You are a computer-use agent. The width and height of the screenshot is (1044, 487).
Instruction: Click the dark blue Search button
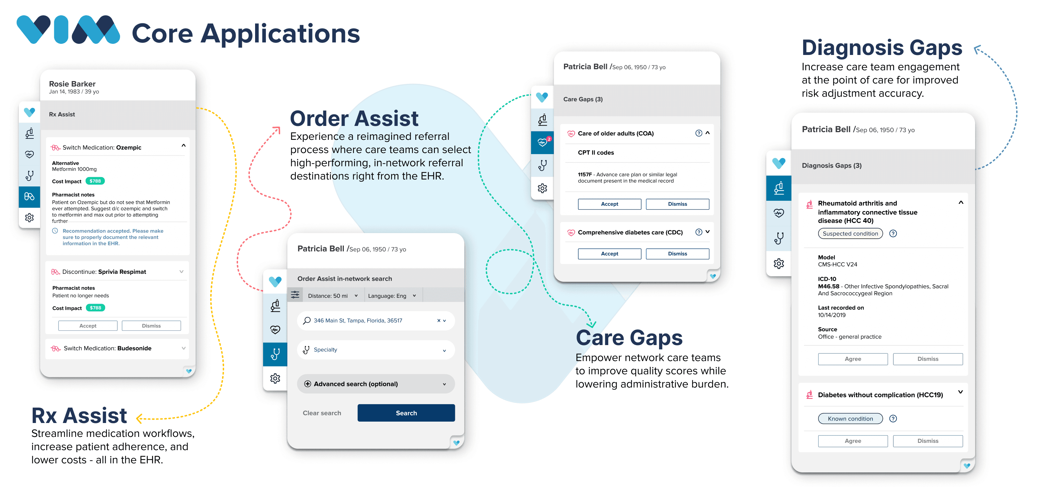(406, 413)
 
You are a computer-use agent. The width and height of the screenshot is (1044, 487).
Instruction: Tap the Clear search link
(322, 413)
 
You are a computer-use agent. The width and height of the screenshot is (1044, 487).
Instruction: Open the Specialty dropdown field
(376, 350)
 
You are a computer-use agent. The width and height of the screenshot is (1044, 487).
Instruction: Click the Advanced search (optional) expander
(376, 384)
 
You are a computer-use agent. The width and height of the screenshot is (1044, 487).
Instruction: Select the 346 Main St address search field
(376, 320)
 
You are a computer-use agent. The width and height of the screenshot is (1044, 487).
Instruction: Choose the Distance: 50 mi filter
(333, 296)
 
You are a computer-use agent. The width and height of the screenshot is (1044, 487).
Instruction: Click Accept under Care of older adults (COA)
(609, 204)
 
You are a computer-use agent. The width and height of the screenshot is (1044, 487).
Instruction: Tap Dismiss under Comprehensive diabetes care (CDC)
(677, 254)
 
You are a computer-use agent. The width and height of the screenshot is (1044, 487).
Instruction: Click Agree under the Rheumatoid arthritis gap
(853, 359)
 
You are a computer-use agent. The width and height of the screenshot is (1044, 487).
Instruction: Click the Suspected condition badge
(850, 233)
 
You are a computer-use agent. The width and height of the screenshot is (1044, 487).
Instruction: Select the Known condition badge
(850, 418)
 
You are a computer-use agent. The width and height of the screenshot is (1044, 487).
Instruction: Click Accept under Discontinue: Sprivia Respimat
(88, 326)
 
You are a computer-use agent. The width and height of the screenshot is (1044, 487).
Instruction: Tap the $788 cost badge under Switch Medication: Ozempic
(95, 181)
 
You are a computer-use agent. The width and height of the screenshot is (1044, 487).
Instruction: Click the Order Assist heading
(354, 118)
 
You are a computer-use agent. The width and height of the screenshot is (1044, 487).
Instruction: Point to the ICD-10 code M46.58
(828, 286)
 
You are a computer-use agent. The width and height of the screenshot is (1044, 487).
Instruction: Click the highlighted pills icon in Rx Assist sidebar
(30, 197)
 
